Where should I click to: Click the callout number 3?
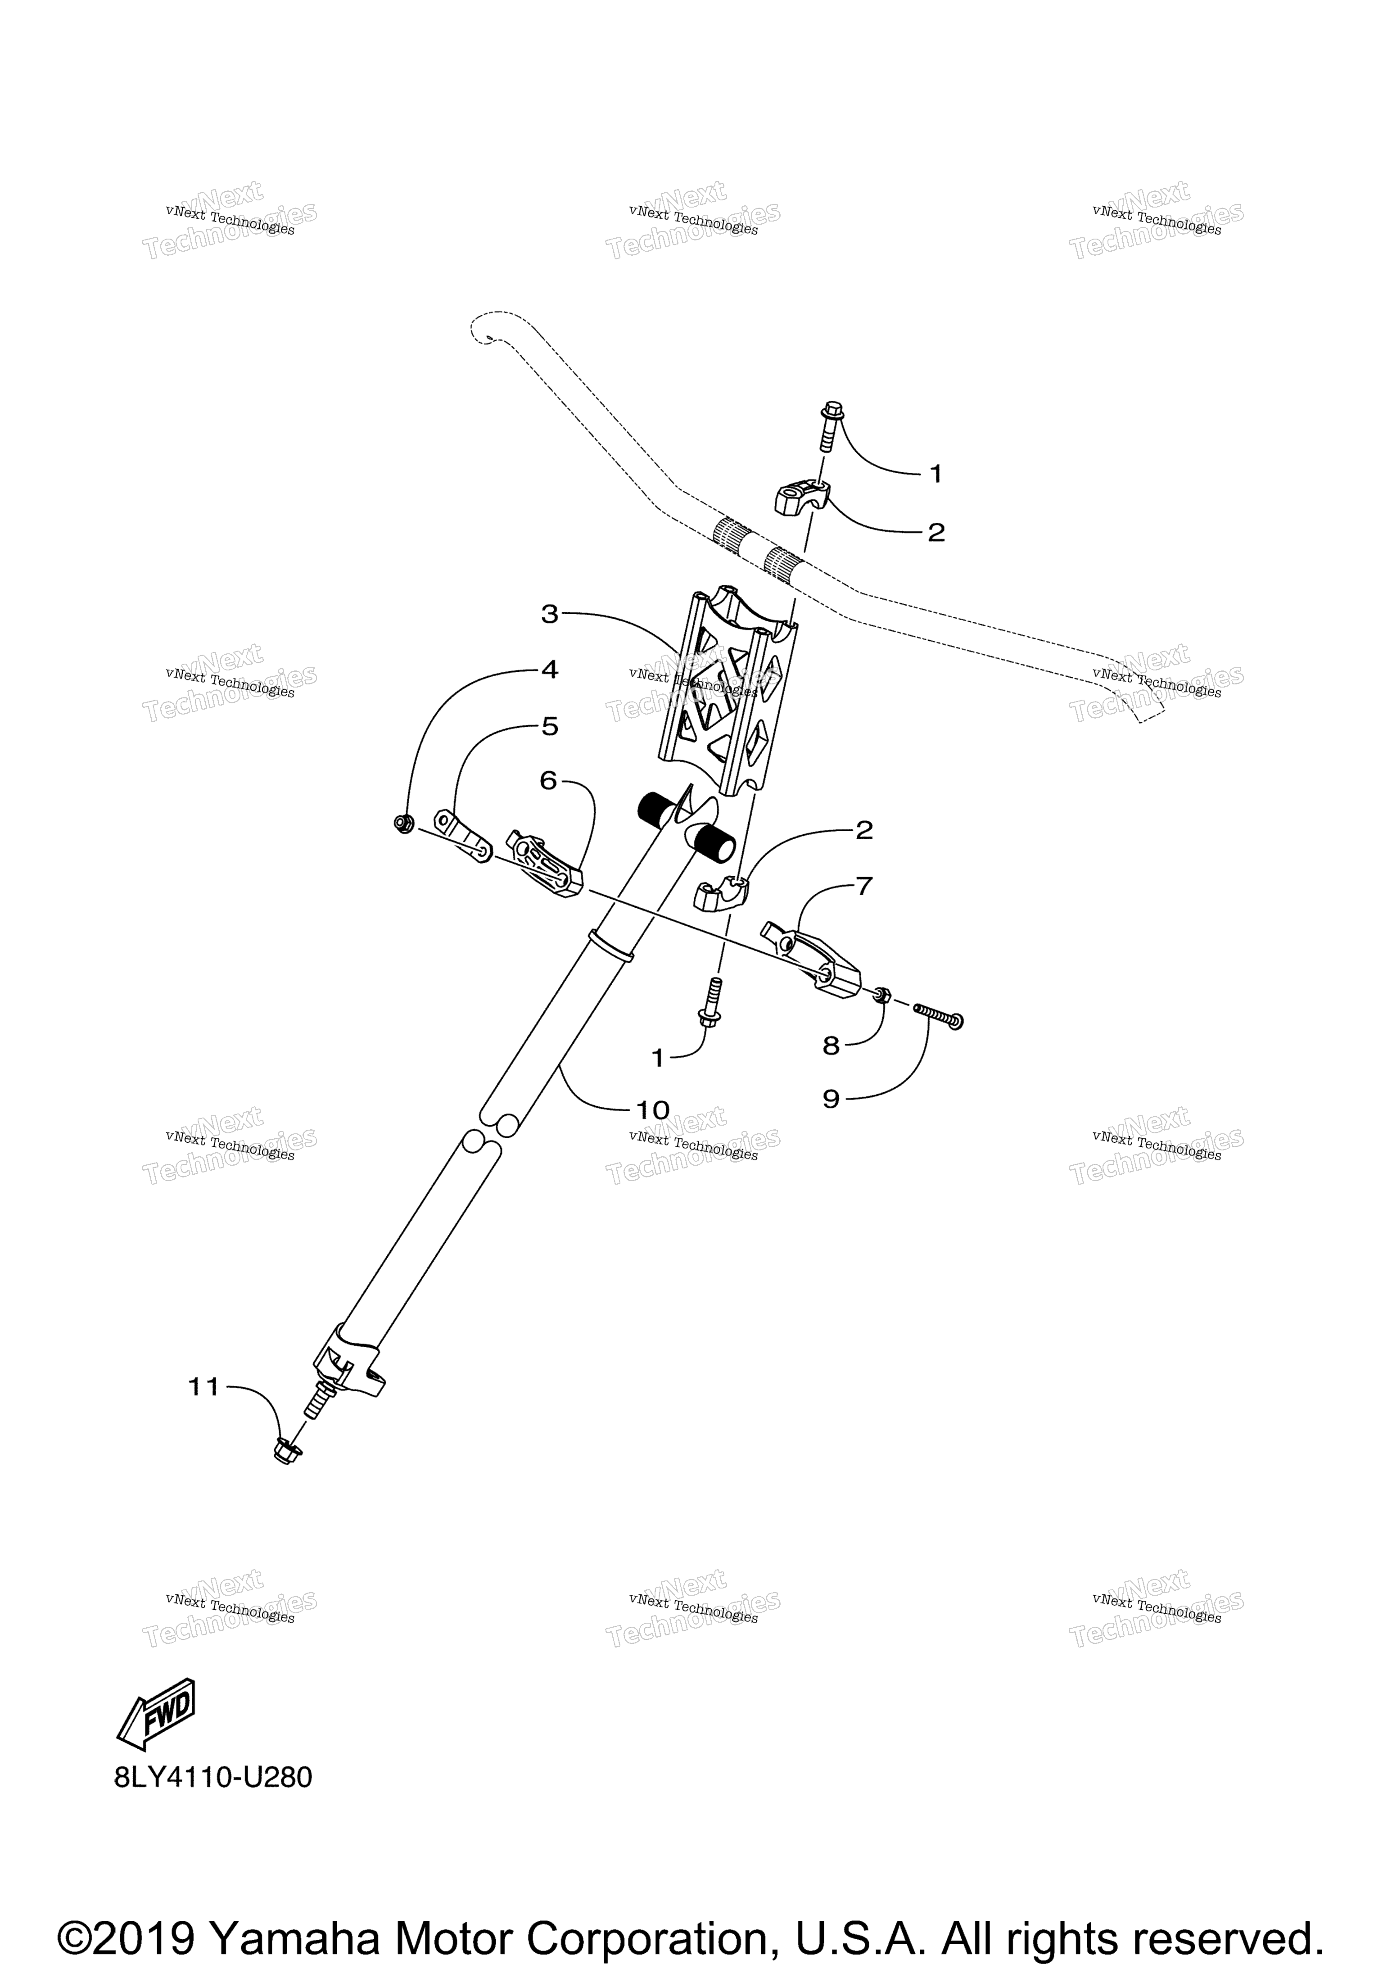tap(550, 614)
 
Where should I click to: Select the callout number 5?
tap(550, 726)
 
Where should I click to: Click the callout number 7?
tap(864, 886)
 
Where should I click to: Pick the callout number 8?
tap(831, 1046)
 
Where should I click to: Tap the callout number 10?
tap(652, 1110)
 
